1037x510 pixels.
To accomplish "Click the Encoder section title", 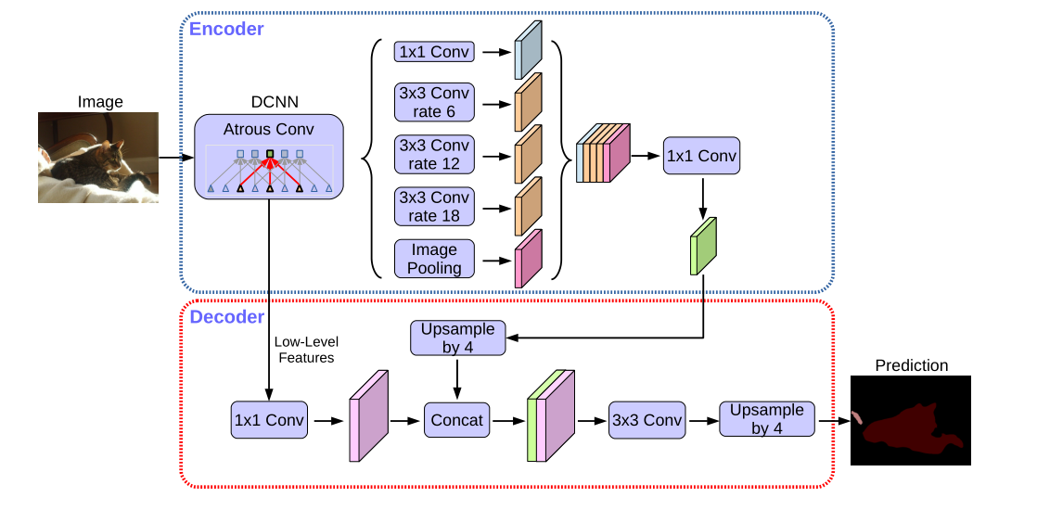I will click(x=226, y=30).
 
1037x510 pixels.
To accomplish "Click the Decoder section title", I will click(x=226, y=317).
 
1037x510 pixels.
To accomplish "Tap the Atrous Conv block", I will click(x=269, y=156).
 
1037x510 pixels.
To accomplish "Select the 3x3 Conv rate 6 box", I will click(x=435, y=102).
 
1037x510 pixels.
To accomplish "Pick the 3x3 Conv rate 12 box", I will click(x=435, y=154).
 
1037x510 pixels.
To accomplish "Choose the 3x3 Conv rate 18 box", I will click(x=435, y=206).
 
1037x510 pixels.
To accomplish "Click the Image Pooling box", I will click(x=435, y=258).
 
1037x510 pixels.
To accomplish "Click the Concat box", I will click(x=456, y=420).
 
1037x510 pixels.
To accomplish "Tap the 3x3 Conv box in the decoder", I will click(x=646, y=420).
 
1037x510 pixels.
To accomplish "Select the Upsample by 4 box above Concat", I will click(x=458, y=338).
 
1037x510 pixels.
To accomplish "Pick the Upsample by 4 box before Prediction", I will click(x=767, y=419).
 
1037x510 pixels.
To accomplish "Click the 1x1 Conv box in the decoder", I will click(x=268, y=420).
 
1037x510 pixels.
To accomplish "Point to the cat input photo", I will click(x=98, y=158).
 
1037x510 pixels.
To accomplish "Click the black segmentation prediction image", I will click(x=910, y=420).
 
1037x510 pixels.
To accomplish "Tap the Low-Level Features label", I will click(x=305, y=350).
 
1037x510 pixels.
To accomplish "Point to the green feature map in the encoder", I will click(x=704, y=246).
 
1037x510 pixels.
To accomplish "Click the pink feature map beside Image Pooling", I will click(x=528, y=259).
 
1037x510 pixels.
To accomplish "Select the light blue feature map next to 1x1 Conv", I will click(x=528, y=51).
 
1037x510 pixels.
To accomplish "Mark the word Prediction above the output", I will click(x=911, y=365).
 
